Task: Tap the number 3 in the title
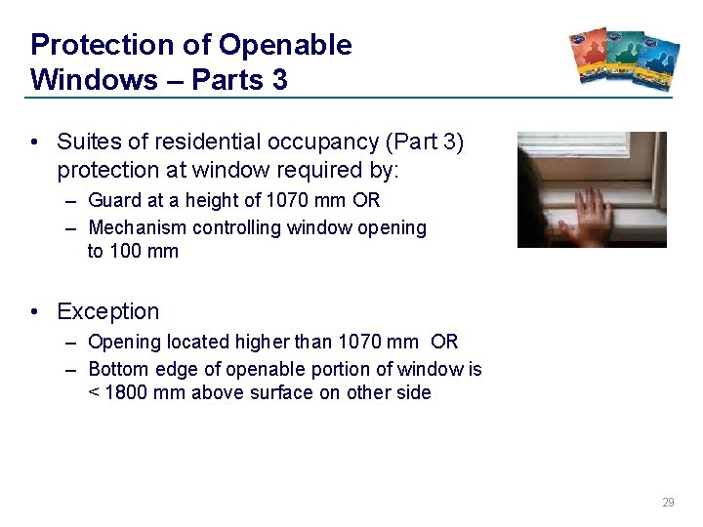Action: [x=279, y=79]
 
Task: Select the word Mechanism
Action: [x=139, y=227]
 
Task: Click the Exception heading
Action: [x=107, y=312]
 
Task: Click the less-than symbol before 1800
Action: [x=94, y=393]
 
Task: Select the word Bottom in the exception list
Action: [x=117, y=369]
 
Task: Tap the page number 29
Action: [x=668, y=503]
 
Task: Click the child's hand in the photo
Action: [x=592, y=212]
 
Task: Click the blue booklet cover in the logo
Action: [x=655, y=59]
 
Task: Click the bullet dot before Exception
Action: [x=35, y=312]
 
